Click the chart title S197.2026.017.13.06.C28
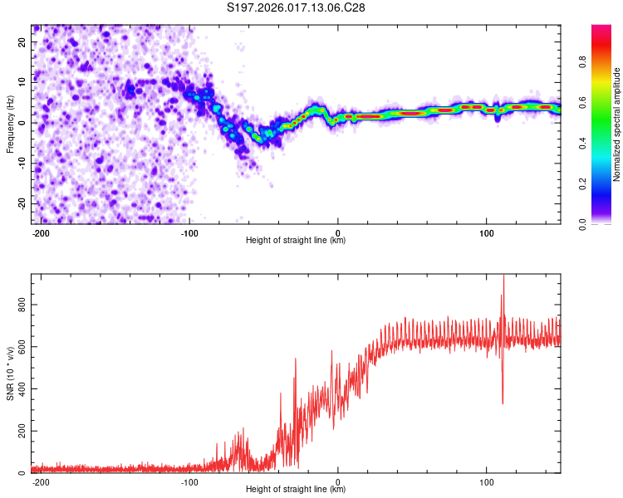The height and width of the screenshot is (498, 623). (x=297, y=8)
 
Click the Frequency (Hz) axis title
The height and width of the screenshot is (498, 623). (x=10, y=124)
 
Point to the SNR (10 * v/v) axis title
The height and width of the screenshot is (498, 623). (x=10, y=374)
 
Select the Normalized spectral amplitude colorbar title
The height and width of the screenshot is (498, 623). (x=617, y=124)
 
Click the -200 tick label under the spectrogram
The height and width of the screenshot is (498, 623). (x=41, y=232)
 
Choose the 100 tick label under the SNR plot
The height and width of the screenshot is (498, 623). (x=486, y=481)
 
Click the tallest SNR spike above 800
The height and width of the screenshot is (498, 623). (x=503, y=277)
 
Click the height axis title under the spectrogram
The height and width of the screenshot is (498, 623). (x=296, y=241)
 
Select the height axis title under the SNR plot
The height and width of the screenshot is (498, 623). (x=296, y=490)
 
